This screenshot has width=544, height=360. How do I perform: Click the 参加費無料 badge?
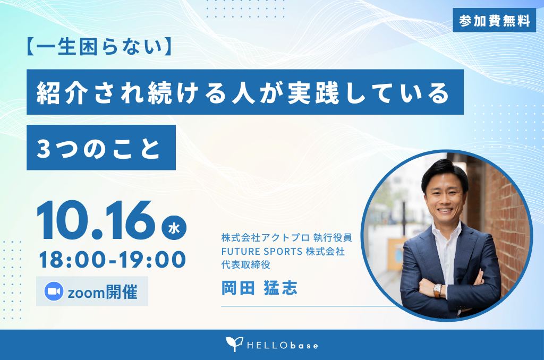(494, 21)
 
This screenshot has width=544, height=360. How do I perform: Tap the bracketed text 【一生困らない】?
(99, 47)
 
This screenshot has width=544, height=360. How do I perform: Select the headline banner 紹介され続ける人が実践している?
(245, 92)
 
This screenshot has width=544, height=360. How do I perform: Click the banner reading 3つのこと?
(101, 148)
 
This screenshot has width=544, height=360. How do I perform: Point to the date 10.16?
(96, 220)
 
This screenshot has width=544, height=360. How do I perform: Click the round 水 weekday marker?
(174, 228)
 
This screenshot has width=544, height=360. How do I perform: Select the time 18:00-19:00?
(113, 260)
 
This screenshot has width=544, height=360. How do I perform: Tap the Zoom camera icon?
(54, 292)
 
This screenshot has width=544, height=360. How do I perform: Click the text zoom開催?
(103, 292)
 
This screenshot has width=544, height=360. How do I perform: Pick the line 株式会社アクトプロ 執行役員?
(286, 237)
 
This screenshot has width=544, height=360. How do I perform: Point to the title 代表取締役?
(245, 264)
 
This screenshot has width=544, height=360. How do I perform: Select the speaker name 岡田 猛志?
(259, 288)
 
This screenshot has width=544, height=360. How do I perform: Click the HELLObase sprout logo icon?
(234, 344)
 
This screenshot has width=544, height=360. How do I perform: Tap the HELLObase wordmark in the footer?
(283, 346)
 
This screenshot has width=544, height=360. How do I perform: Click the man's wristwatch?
(438, 290)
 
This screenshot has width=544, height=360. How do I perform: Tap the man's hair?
(444, 174)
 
